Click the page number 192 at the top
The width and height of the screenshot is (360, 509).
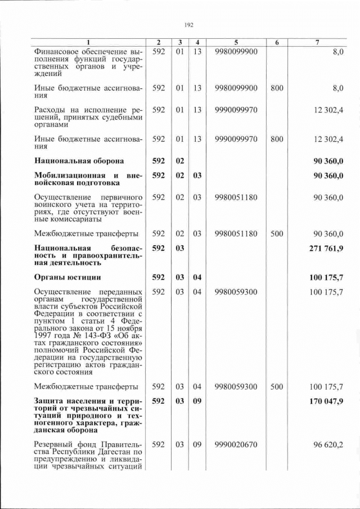click(188, 24)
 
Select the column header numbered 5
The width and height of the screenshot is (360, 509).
click(236, 43)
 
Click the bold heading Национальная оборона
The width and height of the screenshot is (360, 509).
click(79, 161)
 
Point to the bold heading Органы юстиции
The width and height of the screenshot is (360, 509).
click(67, 277)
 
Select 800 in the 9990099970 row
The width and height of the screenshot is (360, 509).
click(276, 138)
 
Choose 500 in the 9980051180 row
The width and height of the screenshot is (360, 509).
click(276, 233)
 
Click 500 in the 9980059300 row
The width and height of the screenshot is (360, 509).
click(276, 386)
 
